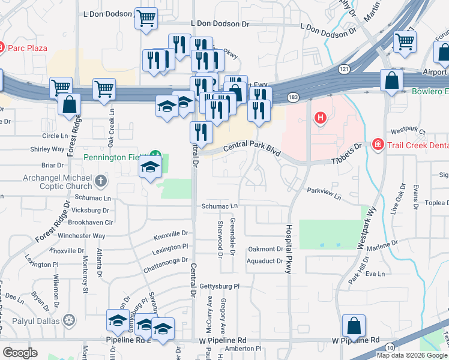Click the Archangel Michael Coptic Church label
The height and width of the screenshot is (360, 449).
(x=58, y=182)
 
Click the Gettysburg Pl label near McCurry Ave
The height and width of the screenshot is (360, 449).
(x=219, y=286)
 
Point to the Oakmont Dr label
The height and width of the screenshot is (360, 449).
(x=265, y=249)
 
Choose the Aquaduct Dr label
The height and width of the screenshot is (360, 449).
(x=265, y=261)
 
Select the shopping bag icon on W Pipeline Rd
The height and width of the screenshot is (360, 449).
(x=354, y=326)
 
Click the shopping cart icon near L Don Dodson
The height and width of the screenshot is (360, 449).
(x=146, y=19)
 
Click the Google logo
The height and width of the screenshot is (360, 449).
(x=20, y=353)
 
